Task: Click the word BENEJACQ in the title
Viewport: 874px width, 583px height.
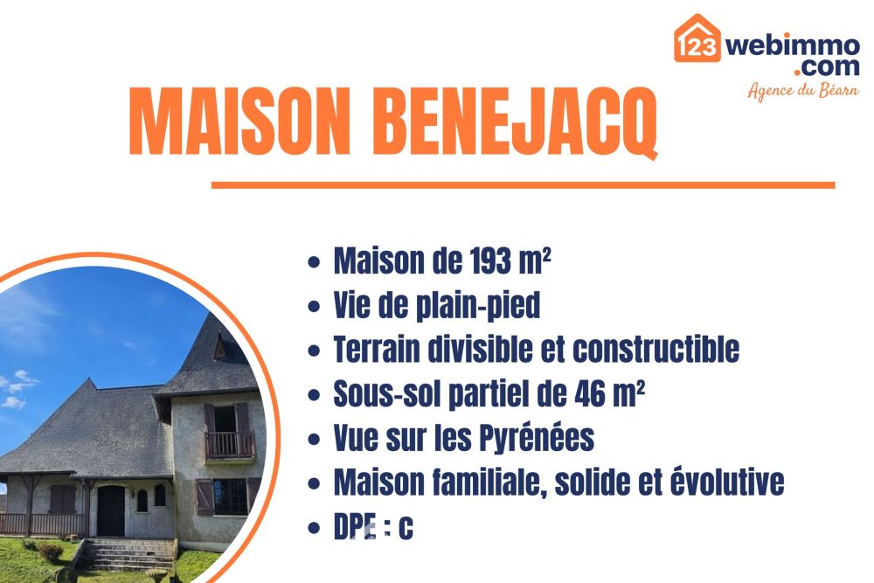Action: coord(515,122)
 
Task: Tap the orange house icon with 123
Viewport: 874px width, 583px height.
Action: coord(697,38)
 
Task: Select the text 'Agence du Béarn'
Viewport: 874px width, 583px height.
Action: coord(803,90)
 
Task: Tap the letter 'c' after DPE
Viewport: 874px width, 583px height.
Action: coord(406,528)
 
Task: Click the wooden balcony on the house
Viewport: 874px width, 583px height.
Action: coord(229,445)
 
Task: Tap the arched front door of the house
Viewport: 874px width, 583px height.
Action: coord(110,510)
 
